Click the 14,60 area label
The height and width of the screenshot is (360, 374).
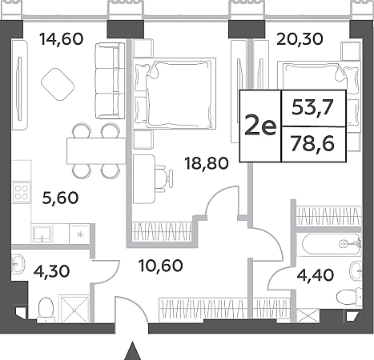(62, 39)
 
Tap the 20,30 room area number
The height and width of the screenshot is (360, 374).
(300, 39)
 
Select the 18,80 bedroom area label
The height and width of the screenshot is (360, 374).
(207, 163)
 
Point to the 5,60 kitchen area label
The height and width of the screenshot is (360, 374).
(61, 198)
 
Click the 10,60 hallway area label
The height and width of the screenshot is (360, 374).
(161, 266)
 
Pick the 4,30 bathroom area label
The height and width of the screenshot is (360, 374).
(52, 271)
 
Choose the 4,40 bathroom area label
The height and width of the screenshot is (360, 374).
(316, 275)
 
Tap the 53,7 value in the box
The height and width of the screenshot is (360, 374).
(313, 108)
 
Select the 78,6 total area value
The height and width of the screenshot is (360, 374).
(313, 144)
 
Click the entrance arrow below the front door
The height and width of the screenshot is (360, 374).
(132, 350)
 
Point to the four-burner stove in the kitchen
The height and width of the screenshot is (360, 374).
(22, 193)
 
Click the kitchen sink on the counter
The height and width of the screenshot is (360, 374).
(42, 234)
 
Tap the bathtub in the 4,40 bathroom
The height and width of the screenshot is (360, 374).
(332, 244)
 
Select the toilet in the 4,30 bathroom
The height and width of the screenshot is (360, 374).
(46, 310)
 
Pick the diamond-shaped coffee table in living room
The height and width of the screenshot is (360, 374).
(58, 84)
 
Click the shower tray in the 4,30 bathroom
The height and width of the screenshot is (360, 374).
(74, 308)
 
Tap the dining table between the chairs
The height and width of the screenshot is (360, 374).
(96, 150)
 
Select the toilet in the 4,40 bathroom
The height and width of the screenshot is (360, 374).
(348, 297)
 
